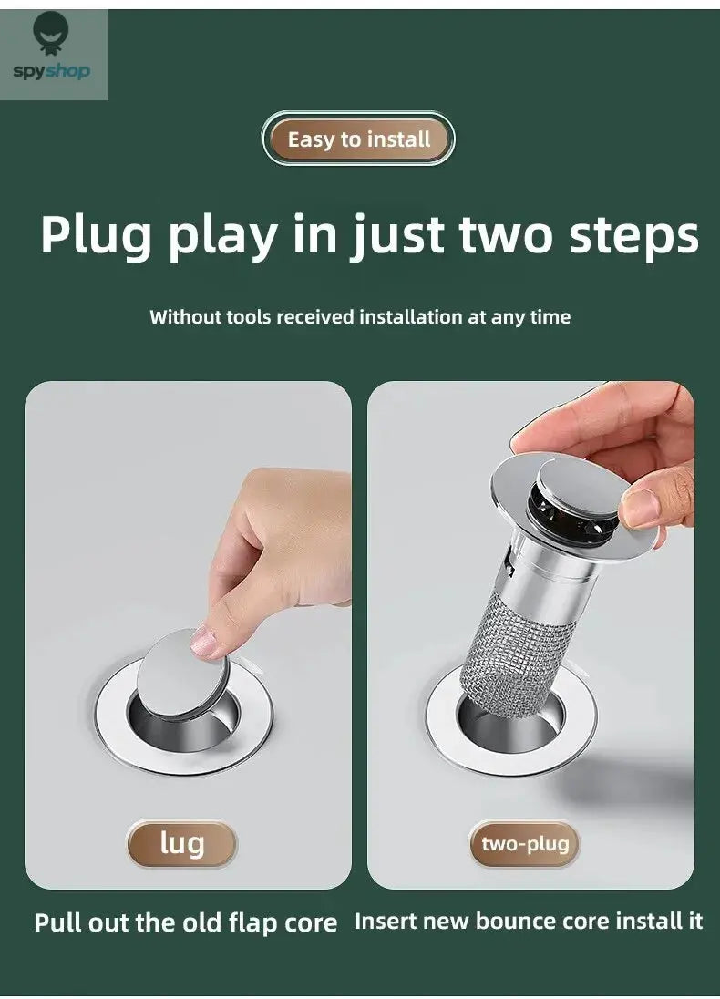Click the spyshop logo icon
50,35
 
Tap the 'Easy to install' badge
358,139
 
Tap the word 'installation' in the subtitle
410,317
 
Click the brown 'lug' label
181,843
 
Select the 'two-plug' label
524,843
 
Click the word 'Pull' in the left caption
57,922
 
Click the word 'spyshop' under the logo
51,71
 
